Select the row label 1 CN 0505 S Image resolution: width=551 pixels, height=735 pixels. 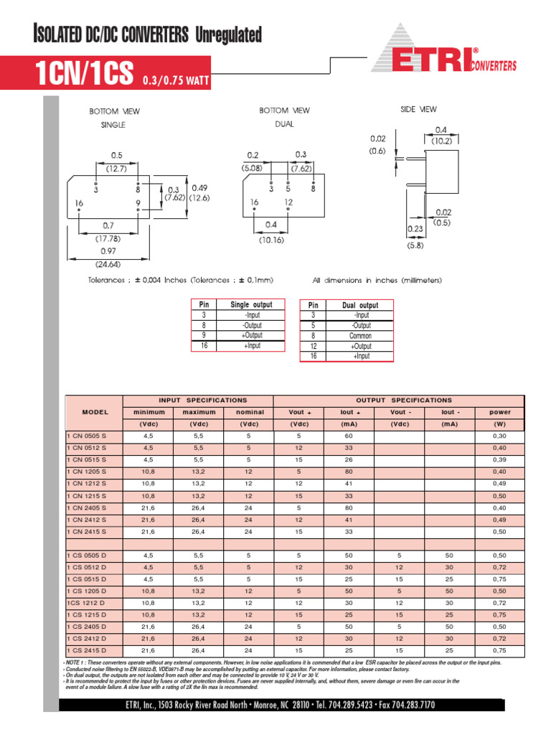[x=87, y=436]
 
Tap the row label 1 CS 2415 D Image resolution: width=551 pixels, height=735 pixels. [x=87, y=650]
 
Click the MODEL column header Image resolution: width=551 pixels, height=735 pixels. [x=95, y=412]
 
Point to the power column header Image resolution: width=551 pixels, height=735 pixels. [x=499, y=412]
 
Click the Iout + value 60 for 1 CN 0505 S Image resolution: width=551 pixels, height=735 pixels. [x=349, y=436]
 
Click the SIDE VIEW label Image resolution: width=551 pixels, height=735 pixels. [x=418, y=109]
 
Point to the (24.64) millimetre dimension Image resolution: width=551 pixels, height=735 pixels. [x=108, y=262]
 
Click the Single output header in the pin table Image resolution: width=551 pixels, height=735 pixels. [x=251, y=305]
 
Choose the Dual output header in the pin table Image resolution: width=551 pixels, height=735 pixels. [x=360, y=305]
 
